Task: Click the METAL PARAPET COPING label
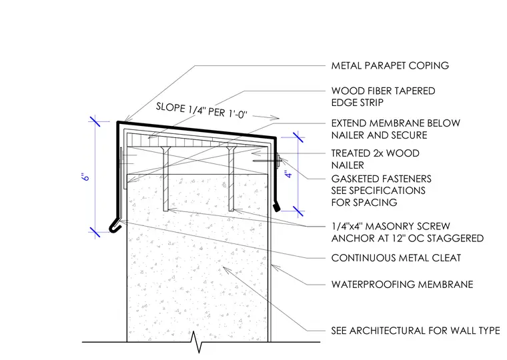click(x=390, y=65)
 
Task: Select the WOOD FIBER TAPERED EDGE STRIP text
click(x=383, y=97)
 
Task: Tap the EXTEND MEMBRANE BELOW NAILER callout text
click(x=396, y=129)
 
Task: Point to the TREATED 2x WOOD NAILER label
click(x=375, y=159)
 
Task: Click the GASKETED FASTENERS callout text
click(x=381, y=191)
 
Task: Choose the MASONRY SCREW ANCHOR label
click(x=408, y=232)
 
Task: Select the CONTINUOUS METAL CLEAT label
click(x=396, y=258)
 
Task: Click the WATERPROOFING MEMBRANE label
click(x=402, y=285)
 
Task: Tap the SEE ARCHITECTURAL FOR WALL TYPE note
click(x=416, y=331)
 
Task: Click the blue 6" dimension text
click(x=85, y=177)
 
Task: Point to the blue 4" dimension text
click(x=288, y=173)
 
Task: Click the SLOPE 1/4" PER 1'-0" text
click(x=201, y=111)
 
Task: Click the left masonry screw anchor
click(x=165, y=179)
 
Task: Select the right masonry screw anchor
click(x=231, y=179)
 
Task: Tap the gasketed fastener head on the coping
click(x=279, y=159)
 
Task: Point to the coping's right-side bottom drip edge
click(x=276, y=207)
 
